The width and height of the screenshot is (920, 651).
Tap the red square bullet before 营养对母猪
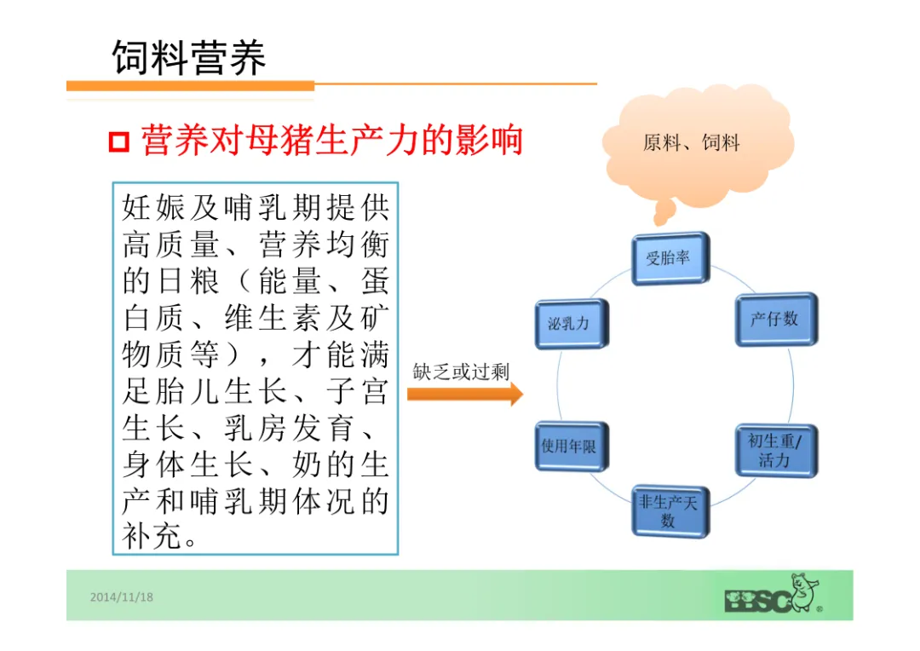point(118,141)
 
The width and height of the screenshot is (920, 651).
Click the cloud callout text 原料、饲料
point(691,143)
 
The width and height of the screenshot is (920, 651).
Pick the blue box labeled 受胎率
point(670,257)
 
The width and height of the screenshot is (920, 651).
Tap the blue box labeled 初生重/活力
point(775,451)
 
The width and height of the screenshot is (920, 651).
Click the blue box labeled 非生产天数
point(670,510)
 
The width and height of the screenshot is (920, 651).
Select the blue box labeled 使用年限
point(570,446)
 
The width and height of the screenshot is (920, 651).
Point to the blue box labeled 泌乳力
point(570,324)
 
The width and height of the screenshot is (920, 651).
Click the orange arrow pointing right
point(464,394)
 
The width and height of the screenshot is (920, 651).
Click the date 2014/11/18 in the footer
point(122,596)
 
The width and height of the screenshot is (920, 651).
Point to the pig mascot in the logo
point(803,591)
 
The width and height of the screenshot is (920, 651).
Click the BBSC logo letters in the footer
point(756,600)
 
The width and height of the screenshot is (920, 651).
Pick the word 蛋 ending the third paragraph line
point(373,281)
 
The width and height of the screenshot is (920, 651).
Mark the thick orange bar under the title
point(190,86)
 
